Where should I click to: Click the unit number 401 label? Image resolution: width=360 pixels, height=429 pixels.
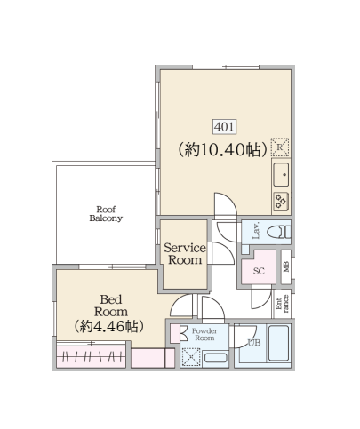point(225,127)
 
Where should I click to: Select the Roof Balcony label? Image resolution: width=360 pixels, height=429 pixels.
point(106,214)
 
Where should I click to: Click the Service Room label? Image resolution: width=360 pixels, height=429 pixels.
point(185,254)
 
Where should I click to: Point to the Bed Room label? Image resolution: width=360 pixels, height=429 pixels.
point(111,306)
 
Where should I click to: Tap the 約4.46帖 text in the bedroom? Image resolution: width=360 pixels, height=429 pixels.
point(109,326)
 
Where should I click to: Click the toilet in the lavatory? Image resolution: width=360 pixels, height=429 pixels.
point(279,232)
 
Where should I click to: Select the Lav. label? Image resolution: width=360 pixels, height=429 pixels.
point(256,230)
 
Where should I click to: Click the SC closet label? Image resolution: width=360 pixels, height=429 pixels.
point(259,271)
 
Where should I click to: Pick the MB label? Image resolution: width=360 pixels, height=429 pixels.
point(286,266)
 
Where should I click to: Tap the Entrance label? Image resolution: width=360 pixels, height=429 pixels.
point(282,303)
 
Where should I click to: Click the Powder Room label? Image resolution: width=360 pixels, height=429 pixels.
point(204,334)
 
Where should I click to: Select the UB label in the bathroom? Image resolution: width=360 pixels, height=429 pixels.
point(254,343)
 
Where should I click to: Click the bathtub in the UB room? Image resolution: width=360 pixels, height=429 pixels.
point(278,344)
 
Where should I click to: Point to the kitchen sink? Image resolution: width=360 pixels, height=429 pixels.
point(281,175)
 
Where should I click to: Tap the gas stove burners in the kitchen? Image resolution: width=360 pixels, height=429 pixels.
point(281,202)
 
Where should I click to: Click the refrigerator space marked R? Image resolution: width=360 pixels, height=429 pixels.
point(280,147)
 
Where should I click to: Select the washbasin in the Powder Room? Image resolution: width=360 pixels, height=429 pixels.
point(215,358)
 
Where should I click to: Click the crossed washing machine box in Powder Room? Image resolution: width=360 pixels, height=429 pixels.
point(191,357)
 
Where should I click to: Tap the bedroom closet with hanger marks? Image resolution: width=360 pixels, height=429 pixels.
point(91,357)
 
